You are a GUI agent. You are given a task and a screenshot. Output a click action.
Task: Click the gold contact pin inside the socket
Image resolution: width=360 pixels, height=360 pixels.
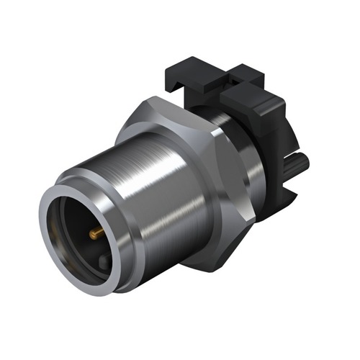(x=95, y=232)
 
